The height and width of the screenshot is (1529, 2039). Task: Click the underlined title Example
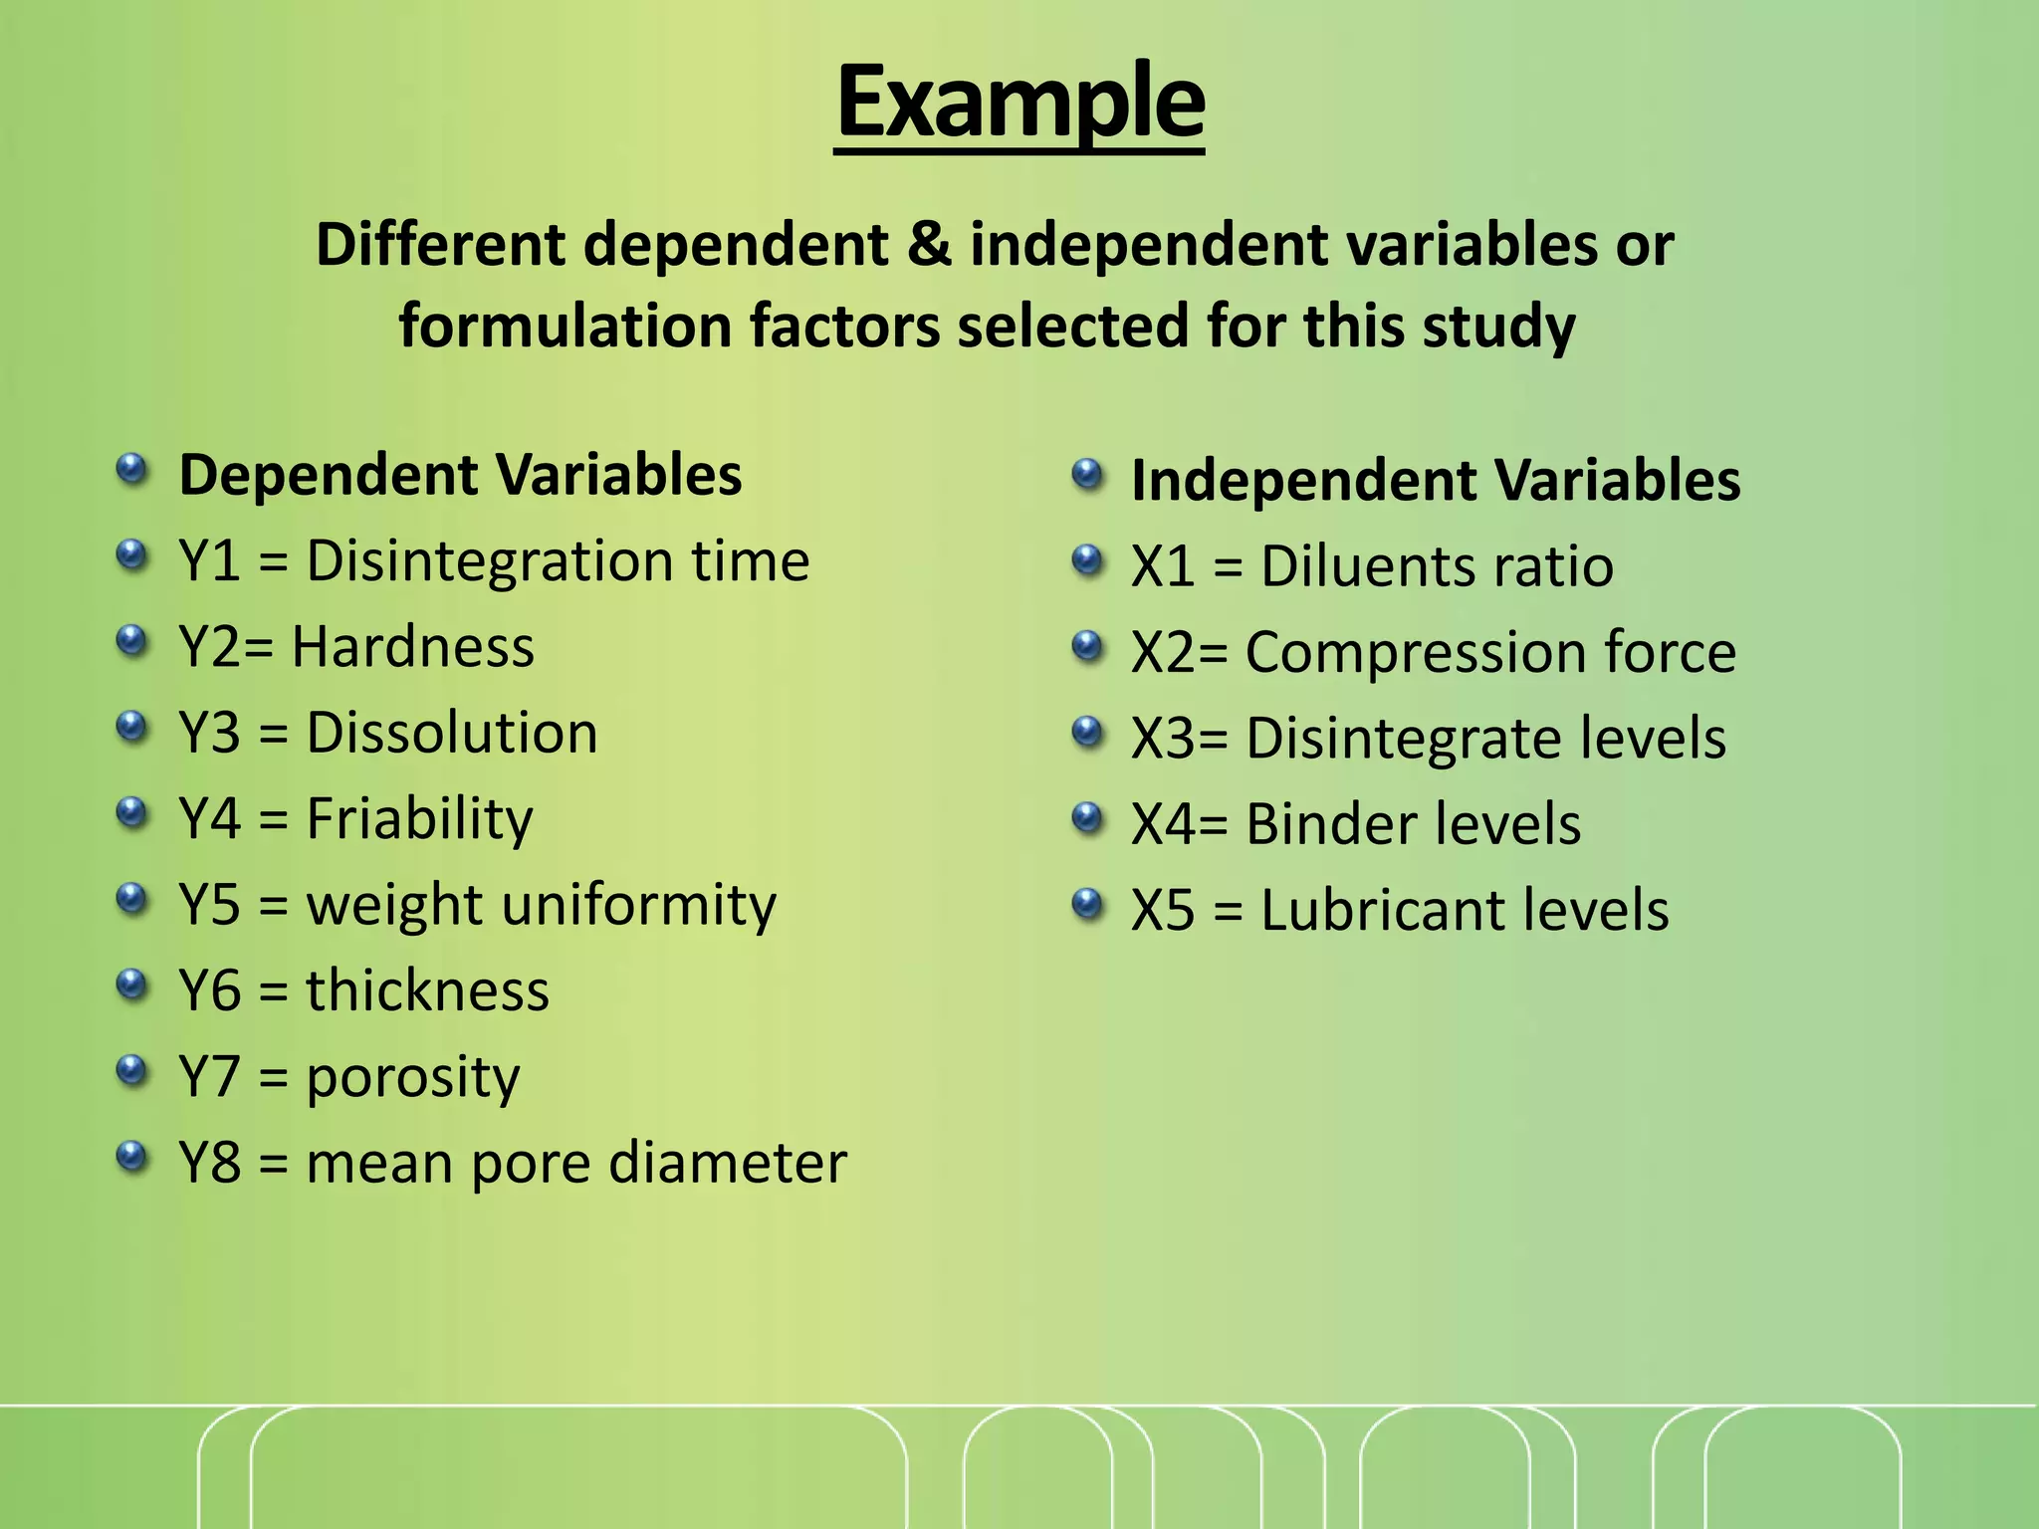[x=1019, y=102]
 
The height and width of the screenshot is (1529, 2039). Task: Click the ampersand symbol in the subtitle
[x=928, y=245]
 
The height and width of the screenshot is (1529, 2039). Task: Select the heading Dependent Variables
[x=460, y=475]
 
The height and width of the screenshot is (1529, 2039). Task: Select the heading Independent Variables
[x=1435, y=481]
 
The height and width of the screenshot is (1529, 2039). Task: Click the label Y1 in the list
[x=209, y=561]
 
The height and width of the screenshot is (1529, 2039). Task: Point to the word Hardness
[x=412, y=647]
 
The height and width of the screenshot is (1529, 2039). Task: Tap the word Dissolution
[x=452, y=734]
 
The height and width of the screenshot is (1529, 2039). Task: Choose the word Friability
[x=419, y=820]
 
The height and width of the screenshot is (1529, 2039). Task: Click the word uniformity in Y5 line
[x=639, y=906]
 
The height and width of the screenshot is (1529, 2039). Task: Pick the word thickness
[x=427, y=991]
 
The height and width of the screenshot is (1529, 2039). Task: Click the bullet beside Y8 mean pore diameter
[x=131, y=1157]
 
